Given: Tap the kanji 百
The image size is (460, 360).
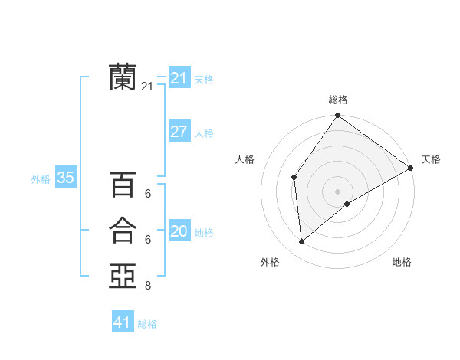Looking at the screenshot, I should point(123,185).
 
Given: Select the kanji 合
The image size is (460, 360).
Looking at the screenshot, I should point(123,231).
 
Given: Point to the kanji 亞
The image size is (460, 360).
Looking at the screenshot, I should point(123,276).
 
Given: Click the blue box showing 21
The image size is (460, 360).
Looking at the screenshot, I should point(179,78).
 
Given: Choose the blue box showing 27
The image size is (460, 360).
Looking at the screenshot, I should point(179,132).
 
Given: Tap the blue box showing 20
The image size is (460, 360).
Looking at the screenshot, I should point(179,231).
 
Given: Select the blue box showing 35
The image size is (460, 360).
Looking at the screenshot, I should point(66,178).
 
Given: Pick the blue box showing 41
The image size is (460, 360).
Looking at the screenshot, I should point(123,322).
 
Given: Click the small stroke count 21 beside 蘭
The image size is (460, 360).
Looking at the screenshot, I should point(147,87).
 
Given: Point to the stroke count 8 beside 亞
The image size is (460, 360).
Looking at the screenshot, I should point(148,286).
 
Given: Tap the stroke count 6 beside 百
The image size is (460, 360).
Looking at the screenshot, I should point(148,195).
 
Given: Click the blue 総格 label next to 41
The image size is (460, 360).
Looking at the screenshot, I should point(147,324).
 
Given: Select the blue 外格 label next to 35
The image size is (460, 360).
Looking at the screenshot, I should point(41,179).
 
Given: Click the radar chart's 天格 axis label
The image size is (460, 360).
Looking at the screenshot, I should point(431,159).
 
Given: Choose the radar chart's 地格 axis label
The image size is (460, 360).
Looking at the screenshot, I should point(402,262).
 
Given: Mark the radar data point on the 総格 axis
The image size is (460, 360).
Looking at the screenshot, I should point(337,116).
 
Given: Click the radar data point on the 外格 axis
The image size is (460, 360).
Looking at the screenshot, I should point(302,242).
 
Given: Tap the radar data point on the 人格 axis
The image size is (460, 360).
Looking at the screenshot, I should point(294,178).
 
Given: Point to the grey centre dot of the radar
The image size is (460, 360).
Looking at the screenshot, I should point(337,191).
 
